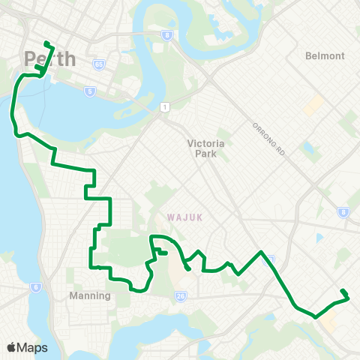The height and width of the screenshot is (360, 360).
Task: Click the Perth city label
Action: pyautogui.click(x=49, y=58)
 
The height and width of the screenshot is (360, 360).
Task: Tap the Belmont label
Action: pyautogui.click(x=325, y=56)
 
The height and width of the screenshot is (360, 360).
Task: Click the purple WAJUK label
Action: pyautogui.click(x=185, y=217)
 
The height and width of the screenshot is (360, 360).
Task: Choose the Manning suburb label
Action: pyautogui.click(x=90, y=295)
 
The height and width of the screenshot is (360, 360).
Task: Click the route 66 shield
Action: pyautogui.click(x=98, y=64)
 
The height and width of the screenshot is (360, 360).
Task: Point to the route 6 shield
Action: pyautogui.click(x=35, y=287)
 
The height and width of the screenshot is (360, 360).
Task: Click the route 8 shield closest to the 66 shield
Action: pyautogui.click(x=166, y=34)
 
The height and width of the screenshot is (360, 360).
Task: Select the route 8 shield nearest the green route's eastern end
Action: pyautogui.click(x=343, y=212)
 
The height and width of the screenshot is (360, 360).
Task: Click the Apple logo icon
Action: pyautogui.click(x=12, y=347)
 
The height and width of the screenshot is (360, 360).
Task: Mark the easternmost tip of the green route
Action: pyautogui.click(x=349, y=298)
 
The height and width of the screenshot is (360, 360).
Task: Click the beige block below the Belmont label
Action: pyautogui.click(x=313, y=104)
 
